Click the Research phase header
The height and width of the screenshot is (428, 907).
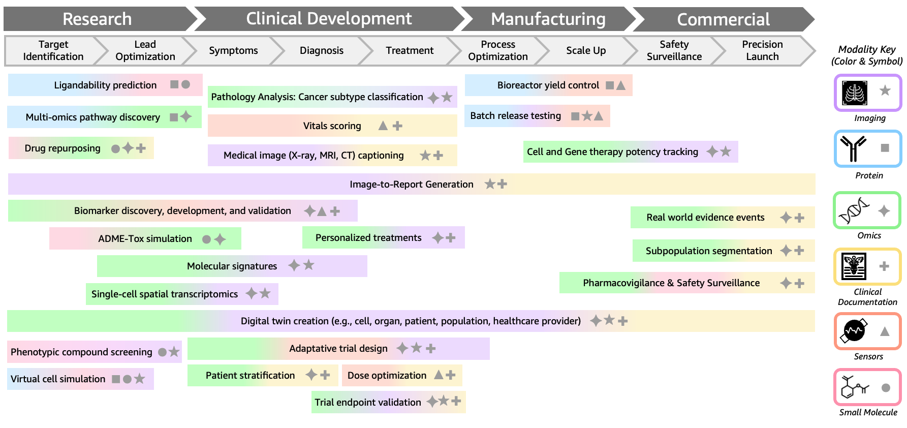click(97, 19)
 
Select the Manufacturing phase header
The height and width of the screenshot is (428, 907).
click(548, 19)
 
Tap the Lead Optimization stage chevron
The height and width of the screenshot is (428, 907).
click(145, 50)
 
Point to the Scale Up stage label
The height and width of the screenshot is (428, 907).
click(586, 50)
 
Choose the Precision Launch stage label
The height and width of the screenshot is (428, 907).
click(762, 50)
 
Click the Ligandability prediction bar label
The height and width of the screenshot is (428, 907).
click(105, 85)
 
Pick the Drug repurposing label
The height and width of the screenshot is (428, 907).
click(62, 148)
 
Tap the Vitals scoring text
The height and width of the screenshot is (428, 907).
click(332, 126)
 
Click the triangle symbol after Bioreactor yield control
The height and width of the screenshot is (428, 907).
click(621, 85)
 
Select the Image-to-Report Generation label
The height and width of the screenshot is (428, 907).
click(411, 184)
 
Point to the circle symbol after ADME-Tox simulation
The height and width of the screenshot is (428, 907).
click(206, 239)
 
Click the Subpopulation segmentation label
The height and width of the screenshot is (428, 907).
click(708, 251)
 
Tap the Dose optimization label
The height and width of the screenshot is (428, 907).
click(387, 375)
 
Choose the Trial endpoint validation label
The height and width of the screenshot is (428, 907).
click(367, 402)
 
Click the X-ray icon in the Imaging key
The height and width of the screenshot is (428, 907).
click(854, 93)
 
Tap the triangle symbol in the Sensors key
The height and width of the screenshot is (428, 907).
click(885, 331)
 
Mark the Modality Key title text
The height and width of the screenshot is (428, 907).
click(867, 55)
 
